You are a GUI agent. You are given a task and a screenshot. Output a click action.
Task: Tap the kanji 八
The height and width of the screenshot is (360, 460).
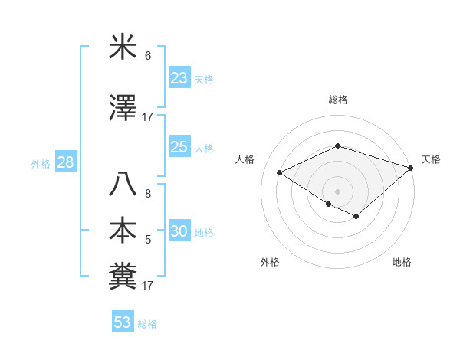point(123,185)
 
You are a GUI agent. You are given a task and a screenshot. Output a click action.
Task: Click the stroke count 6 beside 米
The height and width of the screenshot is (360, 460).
point(148,55)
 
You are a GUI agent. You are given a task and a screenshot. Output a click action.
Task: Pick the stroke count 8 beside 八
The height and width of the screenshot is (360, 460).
point(148,194)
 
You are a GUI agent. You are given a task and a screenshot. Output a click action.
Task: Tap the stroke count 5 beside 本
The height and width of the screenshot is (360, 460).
point(148,240)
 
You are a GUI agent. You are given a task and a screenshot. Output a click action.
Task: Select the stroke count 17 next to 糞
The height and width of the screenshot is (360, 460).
point(148,286)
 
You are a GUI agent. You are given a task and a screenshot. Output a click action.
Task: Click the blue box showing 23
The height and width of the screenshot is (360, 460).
point(179,77)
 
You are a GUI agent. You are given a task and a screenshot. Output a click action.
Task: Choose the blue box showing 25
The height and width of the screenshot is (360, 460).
point(179,147)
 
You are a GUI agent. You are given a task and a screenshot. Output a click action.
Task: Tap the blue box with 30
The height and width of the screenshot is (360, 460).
point(179,231)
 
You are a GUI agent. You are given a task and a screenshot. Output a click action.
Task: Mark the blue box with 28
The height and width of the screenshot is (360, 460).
point(65,162)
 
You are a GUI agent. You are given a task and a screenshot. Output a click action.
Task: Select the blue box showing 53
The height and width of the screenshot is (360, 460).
point(122,322)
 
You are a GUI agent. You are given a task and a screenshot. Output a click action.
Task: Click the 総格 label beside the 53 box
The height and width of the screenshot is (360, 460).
point(148,324)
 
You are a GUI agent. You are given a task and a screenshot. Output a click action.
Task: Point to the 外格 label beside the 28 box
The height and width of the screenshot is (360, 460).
point(41,163)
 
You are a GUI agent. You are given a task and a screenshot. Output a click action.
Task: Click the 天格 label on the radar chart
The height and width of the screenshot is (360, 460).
point(431,159)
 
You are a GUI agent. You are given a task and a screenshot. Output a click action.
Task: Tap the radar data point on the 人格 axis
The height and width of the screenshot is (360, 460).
point(280,173)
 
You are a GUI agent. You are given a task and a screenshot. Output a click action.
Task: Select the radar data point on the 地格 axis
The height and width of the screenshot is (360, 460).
point(356,217)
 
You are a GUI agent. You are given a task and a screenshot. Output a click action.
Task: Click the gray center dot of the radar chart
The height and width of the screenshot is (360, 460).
point(337,191)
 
